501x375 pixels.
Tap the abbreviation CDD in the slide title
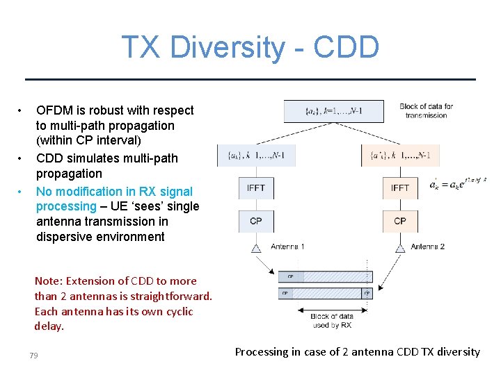[x=346, y=48]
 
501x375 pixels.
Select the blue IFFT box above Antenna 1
[x=255, y=188]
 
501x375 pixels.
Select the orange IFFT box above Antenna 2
[x=400, y=188]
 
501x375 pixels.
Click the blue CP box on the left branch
[x=255, y=221]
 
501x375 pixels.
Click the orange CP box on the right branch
[x=400, y=221]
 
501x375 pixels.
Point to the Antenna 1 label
[x=287, y=247]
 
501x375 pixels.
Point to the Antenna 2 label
[x=427, y=247]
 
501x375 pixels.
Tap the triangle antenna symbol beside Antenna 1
[x=256, y=247]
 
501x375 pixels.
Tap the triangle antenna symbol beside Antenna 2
[x=400, y=247]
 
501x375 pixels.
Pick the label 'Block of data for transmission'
[x=426, y=110]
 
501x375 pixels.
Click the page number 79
[x=33, y=356]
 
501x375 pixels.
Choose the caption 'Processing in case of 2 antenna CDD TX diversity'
[x=357, y=352]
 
